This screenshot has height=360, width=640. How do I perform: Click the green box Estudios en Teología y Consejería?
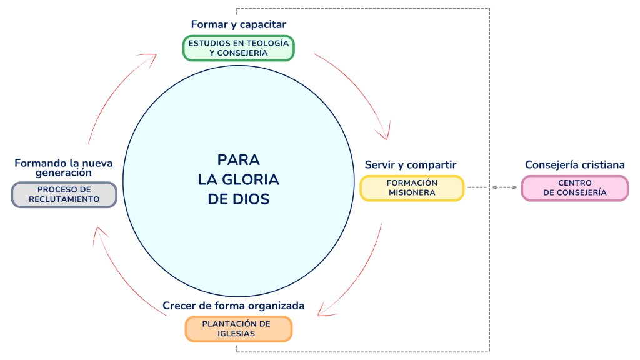click(238, 48)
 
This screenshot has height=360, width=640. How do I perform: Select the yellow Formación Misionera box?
click(412, 187)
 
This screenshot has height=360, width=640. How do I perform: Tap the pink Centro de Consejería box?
click(574, 187)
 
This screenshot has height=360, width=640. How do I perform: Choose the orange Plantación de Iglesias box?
click(238, 329)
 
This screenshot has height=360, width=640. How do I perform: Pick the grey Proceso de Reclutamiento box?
click(64, 194)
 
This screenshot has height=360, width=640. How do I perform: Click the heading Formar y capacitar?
click(238, 25)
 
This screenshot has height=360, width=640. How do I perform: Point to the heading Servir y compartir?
click(411, 165)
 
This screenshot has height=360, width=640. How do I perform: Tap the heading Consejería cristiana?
click(574, 165)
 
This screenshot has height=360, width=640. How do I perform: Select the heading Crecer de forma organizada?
click(234, 306)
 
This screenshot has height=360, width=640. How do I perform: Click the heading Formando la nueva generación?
click(64, 167)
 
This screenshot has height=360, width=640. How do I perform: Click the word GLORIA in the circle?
click(238, 179)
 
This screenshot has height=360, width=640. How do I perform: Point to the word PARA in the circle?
click(238, 159)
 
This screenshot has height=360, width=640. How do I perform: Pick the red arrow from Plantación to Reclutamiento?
click(119, 275)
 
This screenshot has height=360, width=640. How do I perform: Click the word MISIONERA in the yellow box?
click(412, 192)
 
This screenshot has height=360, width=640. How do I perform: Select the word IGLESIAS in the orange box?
click(238, 334)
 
